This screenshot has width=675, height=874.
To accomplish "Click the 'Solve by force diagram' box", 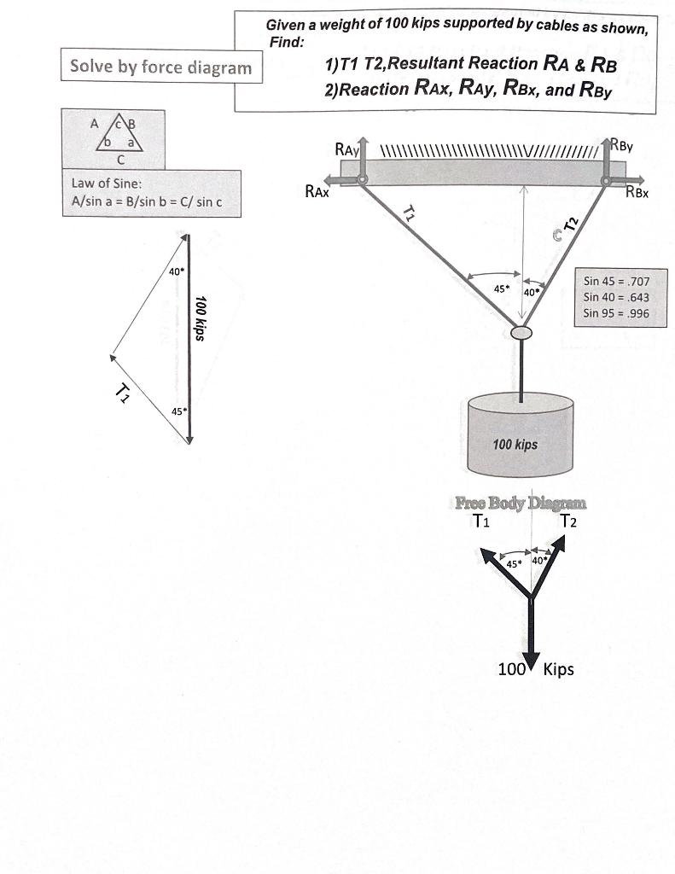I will [x=160, y=67].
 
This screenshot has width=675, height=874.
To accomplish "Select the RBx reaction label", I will [x=639, y=193].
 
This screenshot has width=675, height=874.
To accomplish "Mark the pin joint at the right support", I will [x=607, y=180].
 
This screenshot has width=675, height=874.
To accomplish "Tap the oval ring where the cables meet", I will [x=521, y=332].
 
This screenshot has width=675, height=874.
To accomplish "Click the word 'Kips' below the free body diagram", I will [x=558, y=669].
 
